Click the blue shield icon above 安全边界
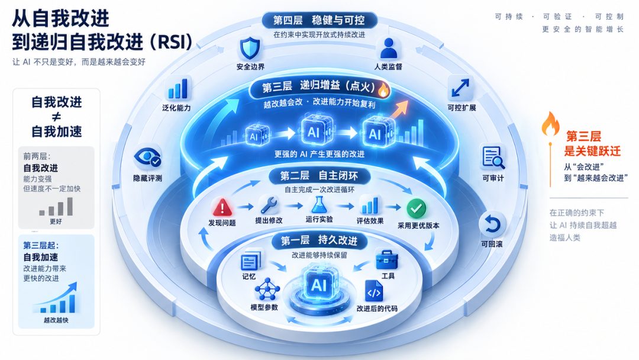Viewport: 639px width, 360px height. pos(250,49)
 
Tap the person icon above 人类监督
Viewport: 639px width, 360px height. pos(388,49)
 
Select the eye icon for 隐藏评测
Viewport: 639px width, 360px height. pos(147,157)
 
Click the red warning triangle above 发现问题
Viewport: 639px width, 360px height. pos(222,207)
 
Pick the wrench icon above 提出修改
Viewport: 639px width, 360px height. pos(269,205)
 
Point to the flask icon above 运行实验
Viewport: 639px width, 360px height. pos(319,205)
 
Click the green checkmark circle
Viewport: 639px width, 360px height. pos(416,209)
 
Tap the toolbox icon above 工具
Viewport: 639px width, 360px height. pos(386,260)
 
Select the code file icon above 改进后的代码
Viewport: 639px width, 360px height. pos(374,291)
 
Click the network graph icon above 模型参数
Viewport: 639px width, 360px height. pos(267,290)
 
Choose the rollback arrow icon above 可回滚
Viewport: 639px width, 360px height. pos(492,224)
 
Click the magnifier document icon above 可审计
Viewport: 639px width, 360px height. pos(493,157)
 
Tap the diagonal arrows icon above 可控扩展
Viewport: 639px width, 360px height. pos(460,88)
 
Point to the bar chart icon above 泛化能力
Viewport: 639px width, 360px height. pos(178,89)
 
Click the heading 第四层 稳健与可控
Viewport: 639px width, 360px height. pos(319,20)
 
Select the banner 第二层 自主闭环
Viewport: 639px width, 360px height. pos(319,176)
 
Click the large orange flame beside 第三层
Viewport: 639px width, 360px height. pos(550,124)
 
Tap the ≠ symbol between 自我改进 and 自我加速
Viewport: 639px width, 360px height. pos(57,117)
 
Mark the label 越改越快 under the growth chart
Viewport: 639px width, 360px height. pos(56,320)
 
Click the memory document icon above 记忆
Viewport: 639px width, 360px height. pos(250,261)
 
